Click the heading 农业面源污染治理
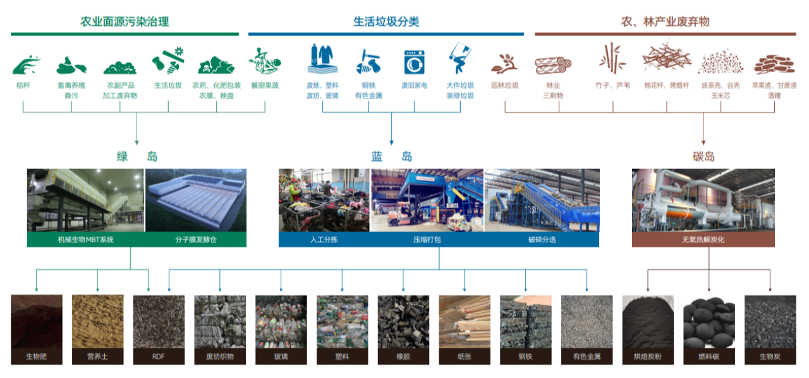125,22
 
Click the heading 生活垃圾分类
386,22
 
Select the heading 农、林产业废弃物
665,22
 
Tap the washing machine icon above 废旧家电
414,62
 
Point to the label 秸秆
23,85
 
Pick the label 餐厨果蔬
265,85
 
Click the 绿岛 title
137,157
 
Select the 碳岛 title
703,157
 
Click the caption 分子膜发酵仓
196,240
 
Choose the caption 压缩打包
427,240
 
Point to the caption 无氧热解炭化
703,240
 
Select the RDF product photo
159,321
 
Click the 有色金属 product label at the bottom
587,357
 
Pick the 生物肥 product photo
36,321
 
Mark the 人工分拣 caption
324,240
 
